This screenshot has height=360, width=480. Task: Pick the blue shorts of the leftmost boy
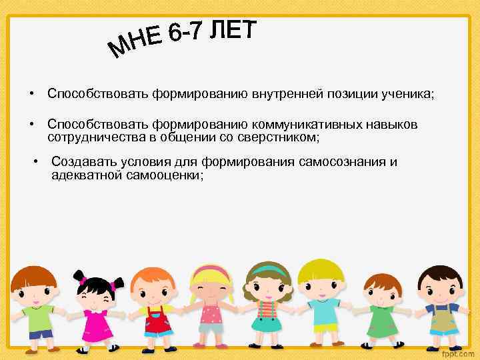pyautogui.click(x=39, y=333)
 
